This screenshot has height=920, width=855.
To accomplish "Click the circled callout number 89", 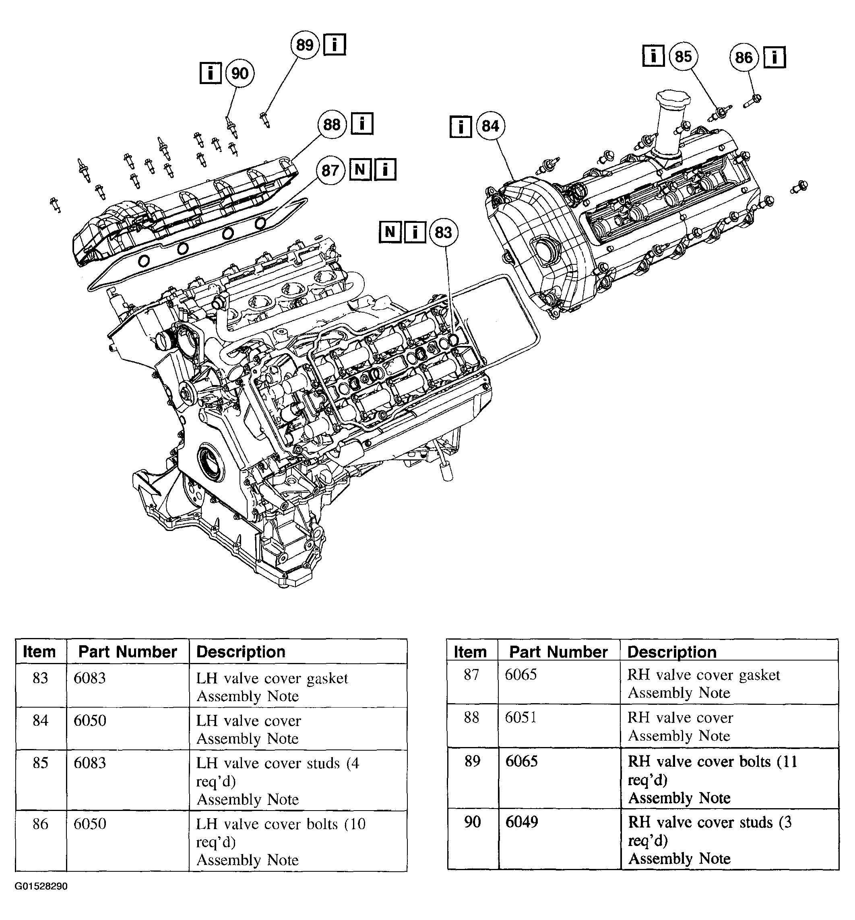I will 305,45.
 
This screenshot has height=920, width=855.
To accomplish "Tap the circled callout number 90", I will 240,74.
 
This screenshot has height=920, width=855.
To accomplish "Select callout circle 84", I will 490,126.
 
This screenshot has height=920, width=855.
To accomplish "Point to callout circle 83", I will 443,232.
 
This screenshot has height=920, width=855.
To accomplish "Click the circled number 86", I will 743,58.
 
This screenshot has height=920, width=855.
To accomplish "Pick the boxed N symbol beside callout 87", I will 360,170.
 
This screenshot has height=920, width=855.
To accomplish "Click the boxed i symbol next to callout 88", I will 362,124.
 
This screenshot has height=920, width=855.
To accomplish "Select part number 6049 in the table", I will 521,821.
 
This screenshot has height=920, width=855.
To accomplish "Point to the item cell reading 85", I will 40,762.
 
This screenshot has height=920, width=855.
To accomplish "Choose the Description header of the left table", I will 241,651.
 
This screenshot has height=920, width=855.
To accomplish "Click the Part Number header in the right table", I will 558,651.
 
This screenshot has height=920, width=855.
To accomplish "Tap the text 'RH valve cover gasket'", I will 703,675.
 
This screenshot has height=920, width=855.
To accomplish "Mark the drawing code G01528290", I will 41,886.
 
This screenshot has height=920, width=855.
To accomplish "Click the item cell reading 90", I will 472,821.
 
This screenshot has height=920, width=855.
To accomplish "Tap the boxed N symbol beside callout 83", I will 390,232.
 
